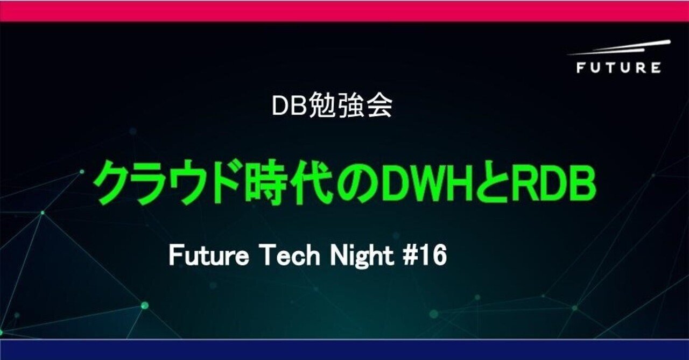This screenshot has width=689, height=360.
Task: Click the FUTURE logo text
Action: coord(618,68)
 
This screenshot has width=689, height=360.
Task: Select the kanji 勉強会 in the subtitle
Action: coord(349,107)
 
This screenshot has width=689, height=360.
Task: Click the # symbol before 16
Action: coord(409,257)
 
